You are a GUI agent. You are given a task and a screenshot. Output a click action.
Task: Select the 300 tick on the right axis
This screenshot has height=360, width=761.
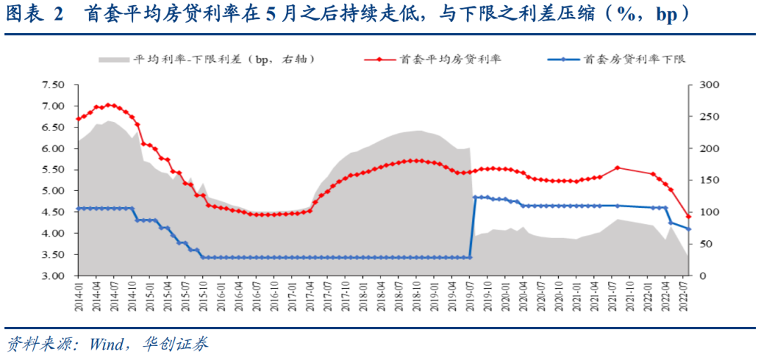707,85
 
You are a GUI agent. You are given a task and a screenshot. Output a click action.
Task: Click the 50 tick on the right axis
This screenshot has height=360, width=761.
704,244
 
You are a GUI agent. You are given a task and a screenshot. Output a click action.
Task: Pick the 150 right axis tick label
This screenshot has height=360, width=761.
707,180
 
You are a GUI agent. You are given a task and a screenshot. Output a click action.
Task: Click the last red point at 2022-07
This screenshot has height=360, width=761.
688,216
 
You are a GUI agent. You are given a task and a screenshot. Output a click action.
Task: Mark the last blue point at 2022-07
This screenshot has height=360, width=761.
688,229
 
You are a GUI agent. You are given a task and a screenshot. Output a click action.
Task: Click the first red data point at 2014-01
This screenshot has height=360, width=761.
78,119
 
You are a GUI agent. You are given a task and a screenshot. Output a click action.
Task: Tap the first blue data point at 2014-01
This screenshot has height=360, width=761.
78,209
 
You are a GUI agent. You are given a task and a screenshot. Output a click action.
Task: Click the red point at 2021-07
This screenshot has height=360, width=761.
617,168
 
